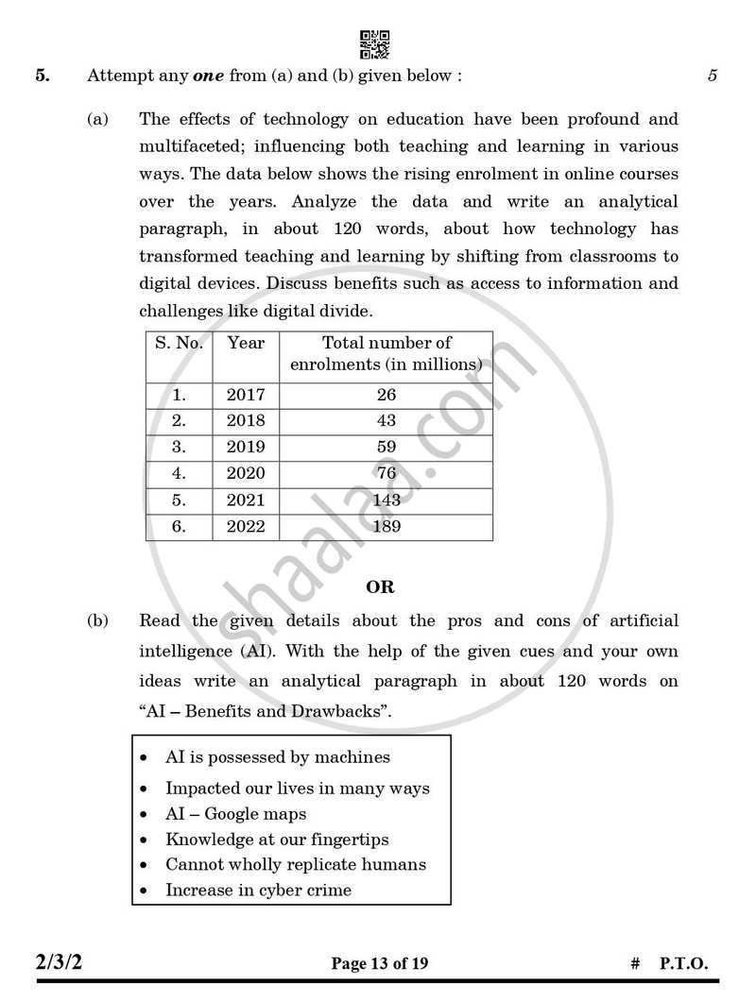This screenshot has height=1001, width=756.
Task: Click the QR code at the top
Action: pyautogui.click(x=375, y=44)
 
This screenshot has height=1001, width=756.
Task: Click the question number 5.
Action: pyautogui.click(x=43, y=76)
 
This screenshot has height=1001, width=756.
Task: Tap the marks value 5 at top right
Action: pyautogui.click(x=712, y=76)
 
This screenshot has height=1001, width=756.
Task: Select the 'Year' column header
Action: pyautogui.click(x=246, y=343)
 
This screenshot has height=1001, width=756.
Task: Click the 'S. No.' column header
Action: pyautogui.click(x=179, y=343)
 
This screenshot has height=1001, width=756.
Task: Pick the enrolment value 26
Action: pyautogui.click(x=386, y=395)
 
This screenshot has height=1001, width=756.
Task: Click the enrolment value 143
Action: pyautogui.click(x=386, y=500)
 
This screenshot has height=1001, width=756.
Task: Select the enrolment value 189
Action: pyautogui.click(x=386, y=526)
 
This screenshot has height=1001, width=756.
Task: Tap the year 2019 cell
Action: pyautogui.click(x=246, y=447)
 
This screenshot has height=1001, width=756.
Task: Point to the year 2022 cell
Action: pyautogui.click(x=246, y=526)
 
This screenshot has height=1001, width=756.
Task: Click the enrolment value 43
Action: pyautogui.click(x=386, y=421)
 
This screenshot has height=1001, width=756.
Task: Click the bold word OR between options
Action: pyautogui.click(x=380, y=586)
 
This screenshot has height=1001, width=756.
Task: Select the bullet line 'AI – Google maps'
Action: pyautogui.click(x=235, y=813)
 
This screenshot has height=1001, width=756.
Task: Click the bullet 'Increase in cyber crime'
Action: pyautogui.click(x=258, y=890)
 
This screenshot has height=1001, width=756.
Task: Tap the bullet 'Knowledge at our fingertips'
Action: pyautogui.click(x=277, y=839)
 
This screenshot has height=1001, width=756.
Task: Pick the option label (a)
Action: pyautogui.click(x=97, y=120)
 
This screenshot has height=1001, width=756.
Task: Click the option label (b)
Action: pyautogui.click(x=97, y=620)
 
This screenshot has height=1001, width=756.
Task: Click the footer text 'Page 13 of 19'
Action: pyautogui.click(x=379, y=963)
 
